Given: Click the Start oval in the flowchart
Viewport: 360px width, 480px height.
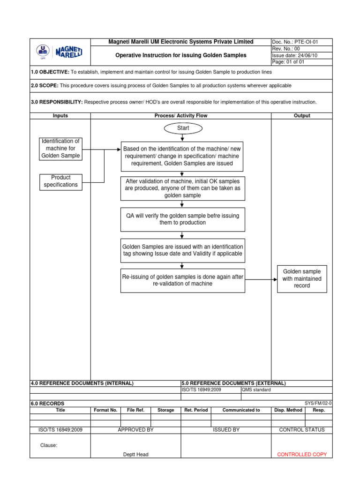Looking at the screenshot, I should [183, 128].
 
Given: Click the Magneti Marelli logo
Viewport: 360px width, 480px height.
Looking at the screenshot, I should [60, 52].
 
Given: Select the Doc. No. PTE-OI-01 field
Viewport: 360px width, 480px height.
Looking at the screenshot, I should [301, 42].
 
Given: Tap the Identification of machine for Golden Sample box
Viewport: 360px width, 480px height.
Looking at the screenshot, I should [60, 149].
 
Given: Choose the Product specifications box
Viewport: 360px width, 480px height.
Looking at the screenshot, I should [60, 181].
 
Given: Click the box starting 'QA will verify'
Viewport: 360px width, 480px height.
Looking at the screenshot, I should [182, 219].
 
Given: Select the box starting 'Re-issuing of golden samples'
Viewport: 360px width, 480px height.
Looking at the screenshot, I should [182, 280].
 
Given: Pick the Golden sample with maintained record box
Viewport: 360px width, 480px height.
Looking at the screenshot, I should [302, 278].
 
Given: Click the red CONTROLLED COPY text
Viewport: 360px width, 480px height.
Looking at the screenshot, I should [302, 454].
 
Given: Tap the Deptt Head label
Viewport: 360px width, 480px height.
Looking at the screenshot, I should [135, 454].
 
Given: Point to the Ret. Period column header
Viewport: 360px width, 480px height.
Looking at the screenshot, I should [196, 410].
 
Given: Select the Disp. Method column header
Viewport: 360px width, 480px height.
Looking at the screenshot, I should [288, 410].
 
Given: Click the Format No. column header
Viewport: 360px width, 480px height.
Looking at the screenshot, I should [105, 410].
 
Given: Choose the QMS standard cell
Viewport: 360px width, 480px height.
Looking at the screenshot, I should [256, 390].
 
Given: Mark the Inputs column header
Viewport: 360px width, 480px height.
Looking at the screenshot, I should [60, 115].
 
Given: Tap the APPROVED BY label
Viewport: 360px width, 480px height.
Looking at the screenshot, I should [135, 430].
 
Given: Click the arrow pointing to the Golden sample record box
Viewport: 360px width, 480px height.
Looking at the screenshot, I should [261, 280].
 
